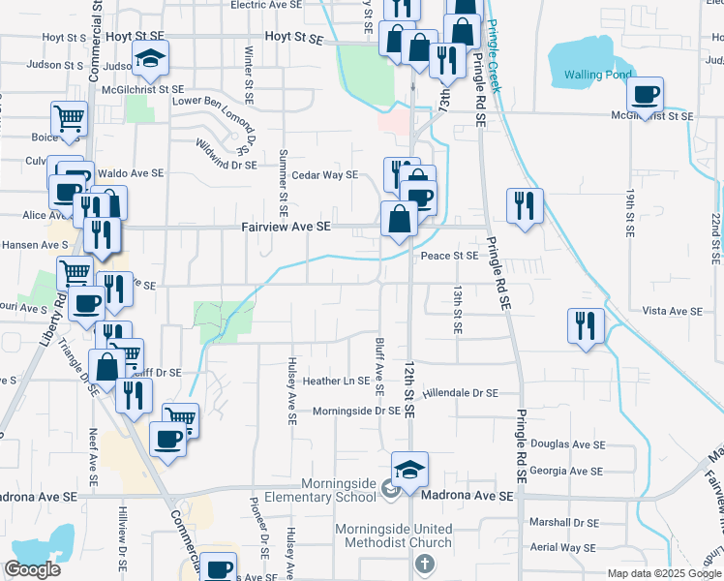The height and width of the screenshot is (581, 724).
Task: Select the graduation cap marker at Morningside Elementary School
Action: [409, 471]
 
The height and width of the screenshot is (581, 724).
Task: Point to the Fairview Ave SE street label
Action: [286, 226]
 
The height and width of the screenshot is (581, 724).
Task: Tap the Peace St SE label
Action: [449, 256]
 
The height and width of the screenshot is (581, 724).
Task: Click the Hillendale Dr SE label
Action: [460, 393]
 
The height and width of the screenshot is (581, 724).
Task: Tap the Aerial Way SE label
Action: [562, 547]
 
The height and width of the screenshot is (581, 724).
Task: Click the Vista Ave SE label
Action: [671, 311]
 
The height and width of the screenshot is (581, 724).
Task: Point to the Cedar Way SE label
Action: [325, 175]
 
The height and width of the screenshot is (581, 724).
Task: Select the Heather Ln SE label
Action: [336, 381]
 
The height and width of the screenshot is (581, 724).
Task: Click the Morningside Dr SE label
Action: [356, 411]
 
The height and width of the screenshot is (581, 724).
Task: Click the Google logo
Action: [32, 568]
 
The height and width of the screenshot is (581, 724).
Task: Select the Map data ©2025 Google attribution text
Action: [664, 573]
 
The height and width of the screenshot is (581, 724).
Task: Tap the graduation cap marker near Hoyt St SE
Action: [150, 60]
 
